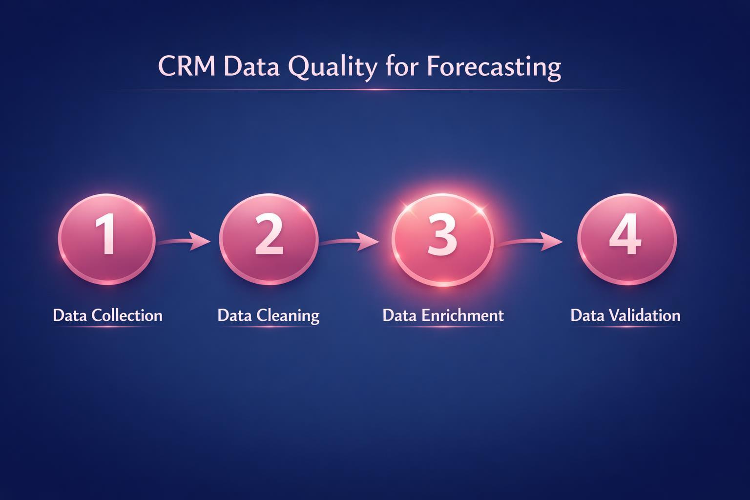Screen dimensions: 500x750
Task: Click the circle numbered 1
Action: point(107,239)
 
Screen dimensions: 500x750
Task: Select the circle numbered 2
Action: point(269,239)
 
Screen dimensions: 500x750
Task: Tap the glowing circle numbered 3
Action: point(442,239)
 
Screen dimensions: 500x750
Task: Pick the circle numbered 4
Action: point(626,239)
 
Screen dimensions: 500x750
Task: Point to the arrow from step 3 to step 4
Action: point(530,241)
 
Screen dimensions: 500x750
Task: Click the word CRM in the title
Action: point(187,67)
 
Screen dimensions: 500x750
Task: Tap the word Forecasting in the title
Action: point(493,67)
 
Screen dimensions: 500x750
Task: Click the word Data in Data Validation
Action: point(587,315)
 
